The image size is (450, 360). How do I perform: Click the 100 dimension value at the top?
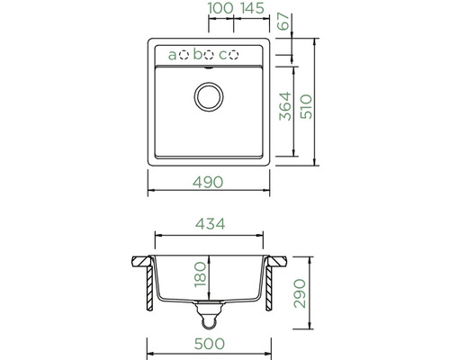click(220, 8)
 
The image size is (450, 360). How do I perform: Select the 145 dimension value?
click(252, 8)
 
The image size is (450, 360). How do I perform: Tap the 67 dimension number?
click(284, 21)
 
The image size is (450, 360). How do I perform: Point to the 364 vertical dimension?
click(285, 106)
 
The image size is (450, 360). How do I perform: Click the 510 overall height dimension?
click(306, 107)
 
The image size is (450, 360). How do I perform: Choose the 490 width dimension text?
click(208, 182)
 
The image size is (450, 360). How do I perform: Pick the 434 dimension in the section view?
click(210, 224)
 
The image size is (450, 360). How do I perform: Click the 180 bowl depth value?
click(200, 274)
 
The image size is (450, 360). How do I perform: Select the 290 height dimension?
click(300, 293)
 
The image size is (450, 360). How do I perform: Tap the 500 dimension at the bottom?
click(209, 344)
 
